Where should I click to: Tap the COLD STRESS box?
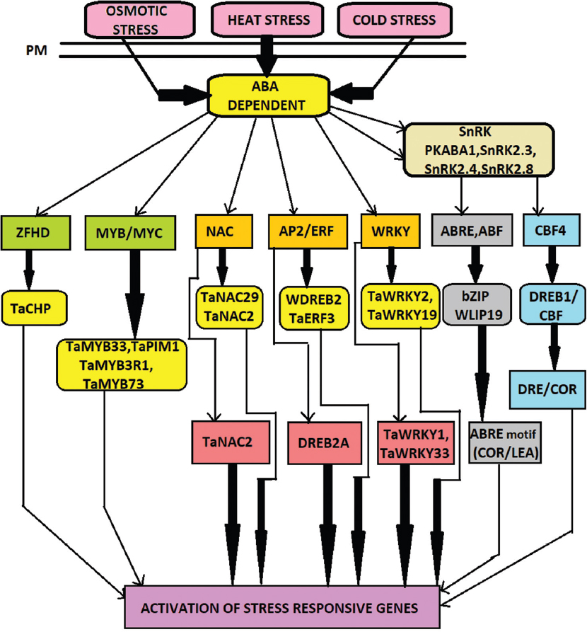click(385, 20)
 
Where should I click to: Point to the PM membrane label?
click(35, 50)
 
